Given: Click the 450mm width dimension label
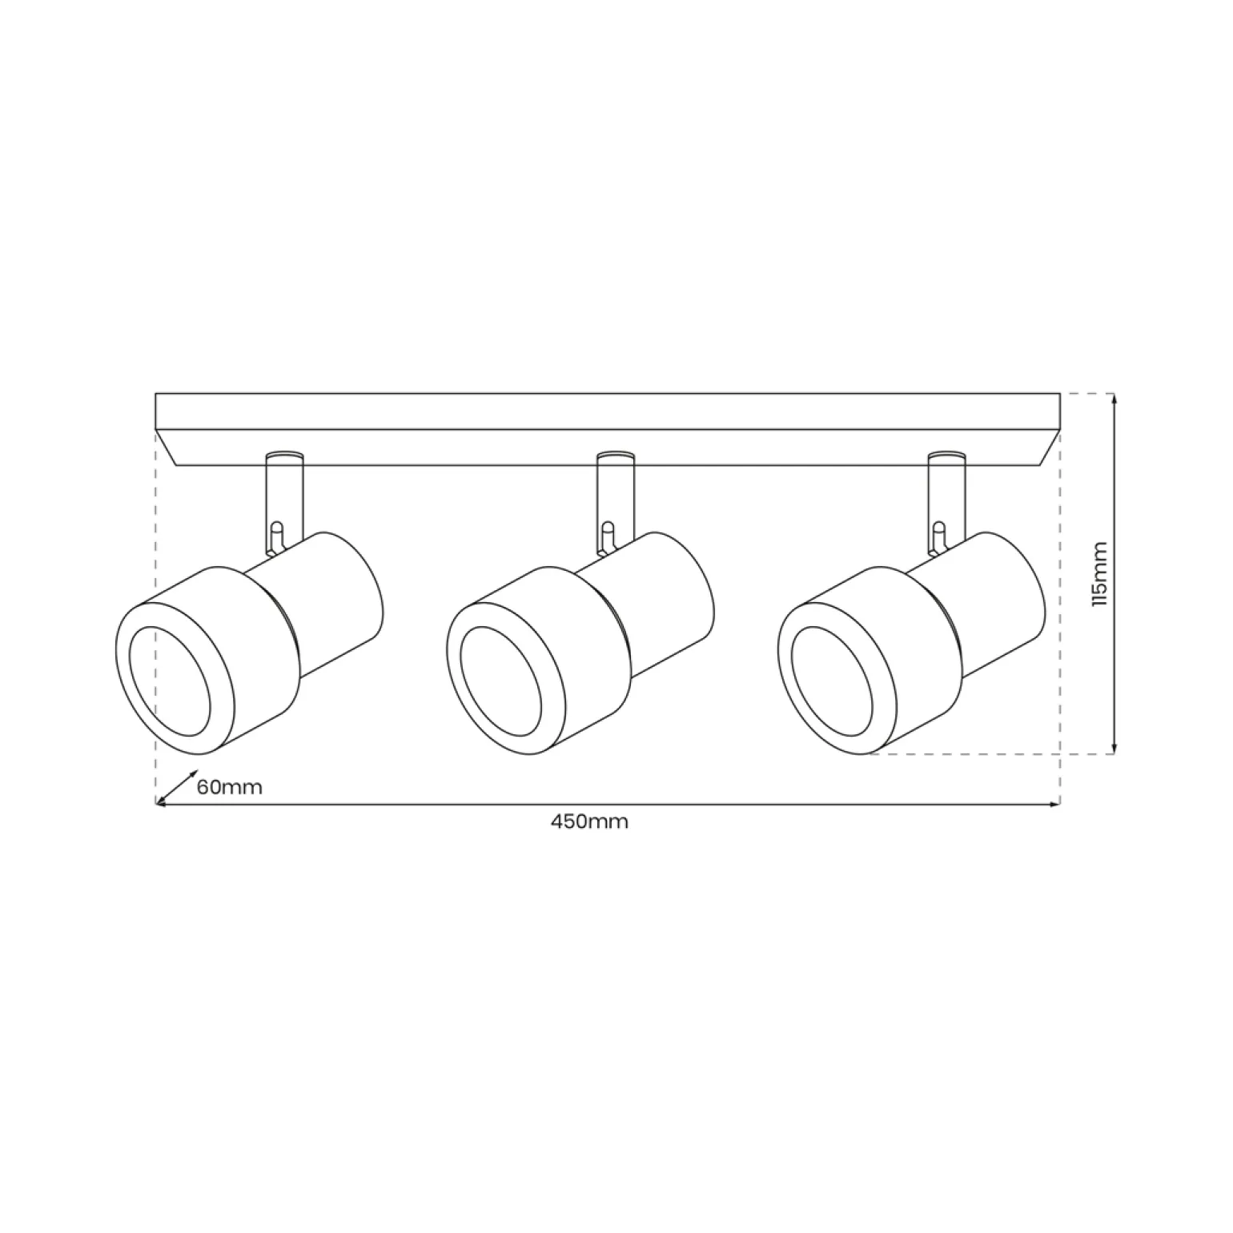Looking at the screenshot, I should coord(589,821).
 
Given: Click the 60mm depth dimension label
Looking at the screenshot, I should coord(230,786).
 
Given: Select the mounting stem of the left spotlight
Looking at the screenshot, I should coord(284,496).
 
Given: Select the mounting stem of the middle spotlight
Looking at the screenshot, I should coord(616,496).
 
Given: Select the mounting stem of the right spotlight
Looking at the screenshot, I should coord(947,496).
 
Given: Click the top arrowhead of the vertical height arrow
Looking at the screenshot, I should coord(1115,399).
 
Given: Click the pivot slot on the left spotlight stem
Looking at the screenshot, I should coord(276,536).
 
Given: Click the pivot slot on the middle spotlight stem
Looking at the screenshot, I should coord(608,536).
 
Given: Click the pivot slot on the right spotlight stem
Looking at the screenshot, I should coord(939,536).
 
